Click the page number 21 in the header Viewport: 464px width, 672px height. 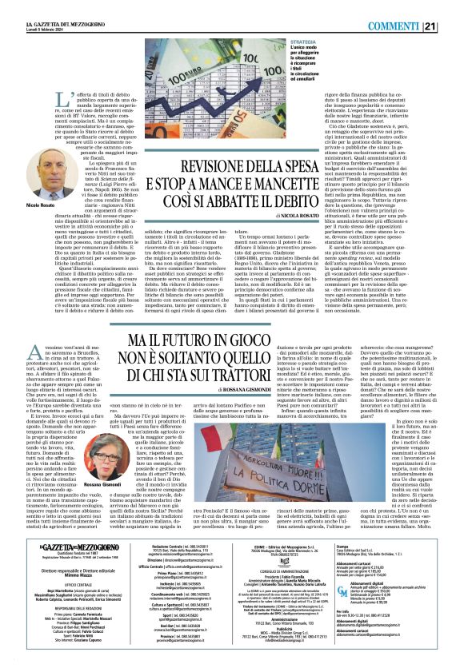[453, 6]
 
